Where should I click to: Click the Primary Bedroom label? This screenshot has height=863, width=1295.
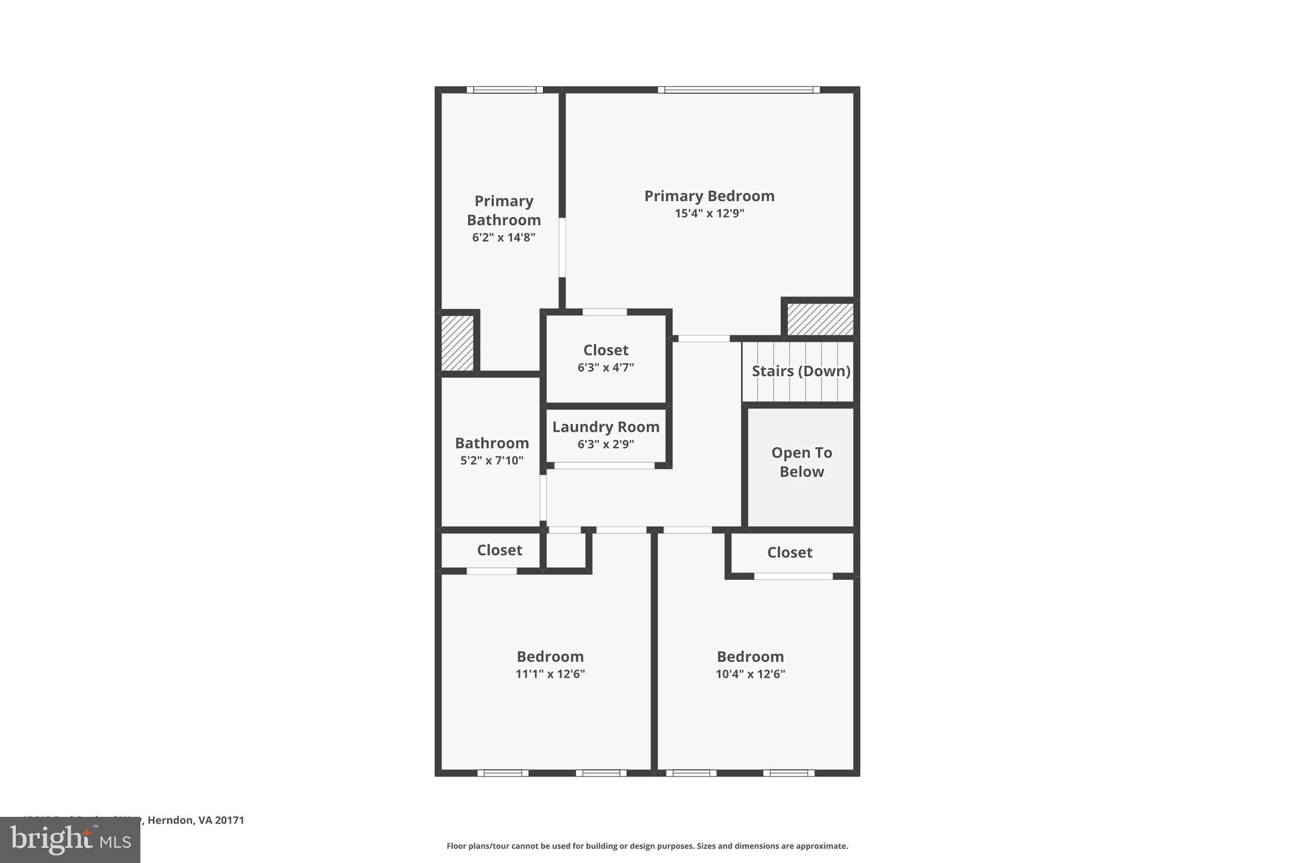709,196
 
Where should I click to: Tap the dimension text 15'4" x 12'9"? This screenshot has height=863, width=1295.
709,214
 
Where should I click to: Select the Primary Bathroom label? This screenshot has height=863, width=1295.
503,211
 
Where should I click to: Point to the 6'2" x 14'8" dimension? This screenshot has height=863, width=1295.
503,238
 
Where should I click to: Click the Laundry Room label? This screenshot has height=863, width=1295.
605,427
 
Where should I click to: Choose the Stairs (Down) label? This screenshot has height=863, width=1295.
801,371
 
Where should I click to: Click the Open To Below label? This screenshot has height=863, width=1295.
801,462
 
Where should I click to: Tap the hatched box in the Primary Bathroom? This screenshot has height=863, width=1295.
457,343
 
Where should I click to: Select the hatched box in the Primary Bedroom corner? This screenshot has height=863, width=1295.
820,319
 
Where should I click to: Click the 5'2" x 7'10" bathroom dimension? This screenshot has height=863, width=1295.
491,461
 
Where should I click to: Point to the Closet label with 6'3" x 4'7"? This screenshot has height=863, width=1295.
605,350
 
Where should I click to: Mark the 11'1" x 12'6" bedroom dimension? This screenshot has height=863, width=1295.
549,674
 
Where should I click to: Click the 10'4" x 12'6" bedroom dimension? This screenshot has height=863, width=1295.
750,674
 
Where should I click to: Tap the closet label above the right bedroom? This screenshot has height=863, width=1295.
789,553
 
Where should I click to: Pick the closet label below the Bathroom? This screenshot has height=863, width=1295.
499,550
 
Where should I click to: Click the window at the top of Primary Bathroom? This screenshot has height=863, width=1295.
505,90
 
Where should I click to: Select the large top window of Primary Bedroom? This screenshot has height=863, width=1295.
739,90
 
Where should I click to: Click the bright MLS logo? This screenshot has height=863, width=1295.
70,840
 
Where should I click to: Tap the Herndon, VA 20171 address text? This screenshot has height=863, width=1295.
195,820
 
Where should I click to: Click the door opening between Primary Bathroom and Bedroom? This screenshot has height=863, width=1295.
562,247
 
